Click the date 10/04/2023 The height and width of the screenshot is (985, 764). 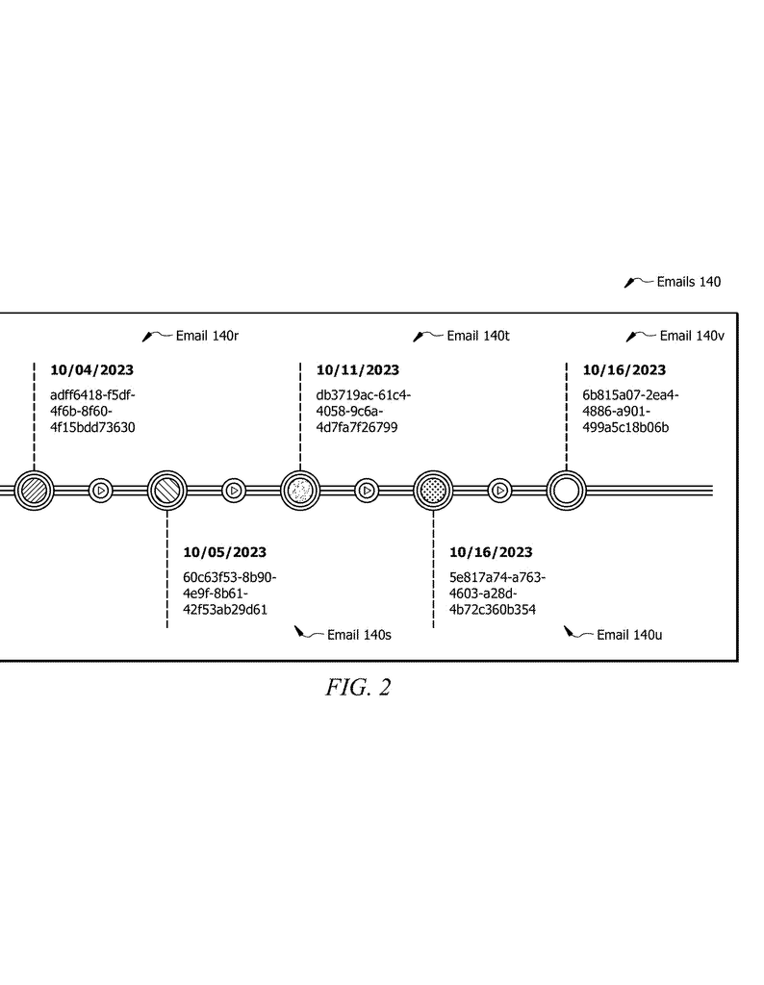91,370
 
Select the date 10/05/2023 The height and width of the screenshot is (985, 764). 224,552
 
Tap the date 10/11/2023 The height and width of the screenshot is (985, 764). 358,370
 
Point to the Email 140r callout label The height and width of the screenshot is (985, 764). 207,336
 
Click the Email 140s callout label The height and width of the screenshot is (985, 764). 359,635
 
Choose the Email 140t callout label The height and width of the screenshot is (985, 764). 478,336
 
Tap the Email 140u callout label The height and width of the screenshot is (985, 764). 629,635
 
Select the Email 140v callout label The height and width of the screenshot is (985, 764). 692,336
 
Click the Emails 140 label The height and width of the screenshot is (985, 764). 689,282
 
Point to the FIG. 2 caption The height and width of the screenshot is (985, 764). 358,687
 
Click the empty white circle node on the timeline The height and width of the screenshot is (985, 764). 566,490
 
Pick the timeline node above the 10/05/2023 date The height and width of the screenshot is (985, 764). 167,490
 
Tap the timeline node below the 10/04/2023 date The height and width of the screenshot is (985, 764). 34,490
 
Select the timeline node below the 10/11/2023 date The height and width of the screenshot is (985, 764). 300,490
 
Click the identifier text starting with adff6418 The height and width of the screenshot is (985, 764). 92,412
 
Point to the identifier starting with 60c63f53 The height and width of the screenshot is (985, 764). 229,594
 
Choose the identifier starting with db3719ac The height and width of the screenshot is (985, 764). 363,412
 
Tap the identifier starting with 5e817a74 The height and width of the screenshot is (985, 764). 497,594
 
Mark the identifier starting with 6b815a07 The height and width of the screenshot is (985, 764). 630,412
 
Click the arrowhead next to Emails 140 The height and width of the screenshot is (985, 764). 629,284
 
